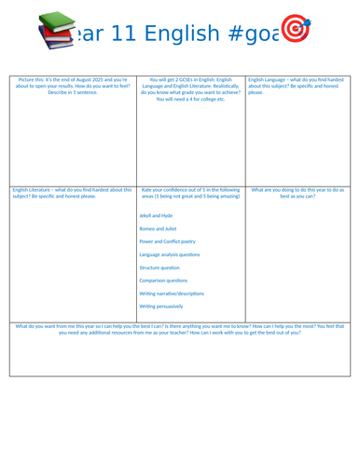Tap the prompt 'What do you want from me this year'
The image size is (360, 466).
pyautogui.click(x=56, y=326)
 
